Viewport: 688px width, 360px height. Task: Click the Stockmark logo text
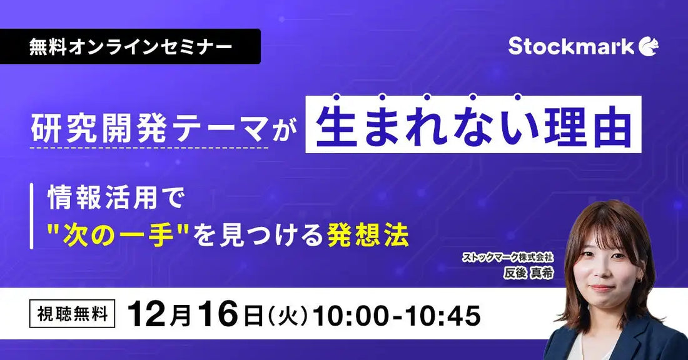click(x=570, y=46)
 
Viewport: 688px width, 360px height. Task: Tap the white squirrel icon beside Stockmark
click(x=649, y=47)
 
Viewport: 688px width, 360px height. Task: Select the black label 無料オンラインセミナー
click(x=130, y=47)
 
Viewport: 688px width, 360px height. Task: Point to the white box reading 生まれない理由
click(x=473, y=125)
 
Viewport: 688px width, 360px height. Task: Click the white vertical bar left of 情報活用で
click(x=32, y=216)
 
